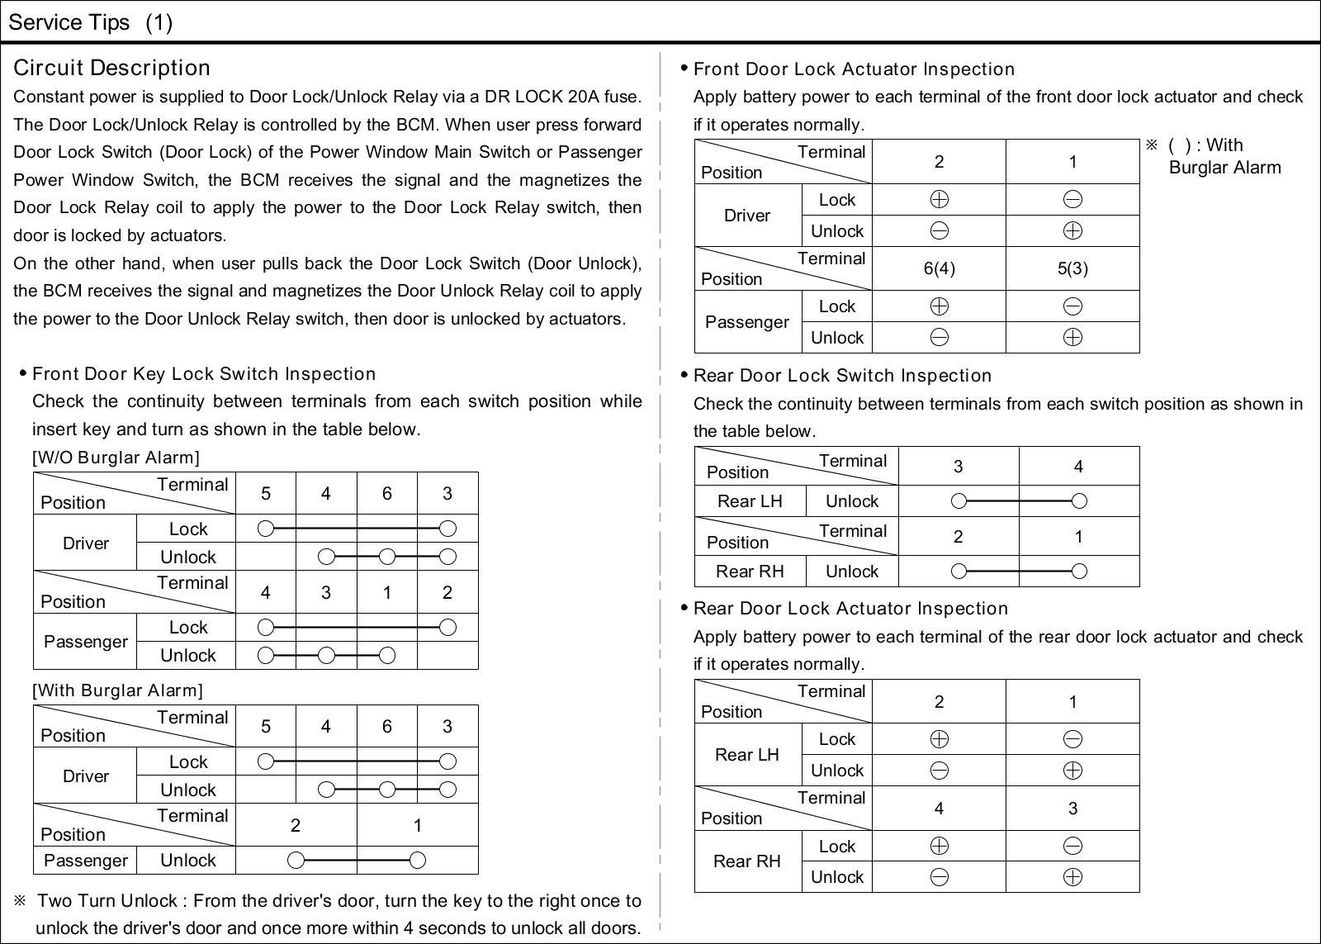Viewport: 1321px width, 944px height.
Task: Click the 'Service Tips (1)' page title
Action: click(90, 22)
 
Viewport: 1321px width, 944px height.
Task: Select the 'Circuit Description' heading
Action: click(111, 68)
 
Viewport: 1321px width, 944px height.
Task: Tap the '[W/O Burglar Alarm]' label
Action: click(116, 458)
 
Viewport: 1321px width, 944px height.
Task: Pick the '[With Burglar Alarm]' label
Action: click(117, 690)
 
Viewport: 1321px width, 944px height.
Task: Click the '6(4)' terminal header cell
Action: click(939, 268)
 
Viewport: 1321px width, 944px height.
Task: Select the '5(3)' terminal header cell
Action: click(1072, 268)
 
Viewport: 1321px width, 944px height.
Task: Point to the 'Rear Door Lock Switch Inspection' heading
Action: click(842, 376)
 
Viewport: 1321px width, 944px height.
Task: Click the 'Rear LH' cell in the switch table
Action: click(749, 501)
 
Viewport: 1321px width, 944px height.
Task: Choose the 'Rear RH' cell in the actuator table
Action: click(747, 861)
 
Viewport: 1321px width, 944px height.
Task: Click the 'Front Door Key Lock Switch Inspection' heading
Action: click(204, 374)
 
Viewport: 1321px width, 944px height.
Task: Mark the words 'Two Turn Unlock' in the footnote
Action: click(107, 900)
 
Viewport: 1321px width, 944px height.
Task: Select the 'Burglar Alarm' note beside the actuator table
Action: click(1224, 168)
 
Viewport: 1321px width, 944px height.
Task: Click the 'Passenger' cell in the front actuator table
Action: click(747, 322)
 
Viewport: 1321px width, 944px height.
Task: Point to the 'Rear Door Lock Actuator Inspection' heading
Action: click(850, 609)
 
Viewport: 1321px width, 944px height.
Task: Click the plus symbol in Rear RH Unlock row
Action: click(1072, 877)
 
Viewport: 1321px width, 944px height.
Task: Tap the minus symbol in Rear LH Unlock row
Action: click(939, 771)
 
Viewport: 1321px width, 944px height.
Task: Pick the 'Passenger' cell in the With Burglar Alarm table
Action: click(85, 861)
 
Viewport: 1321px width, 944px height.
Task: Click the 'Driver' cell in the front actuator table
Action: click(747, 216)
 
